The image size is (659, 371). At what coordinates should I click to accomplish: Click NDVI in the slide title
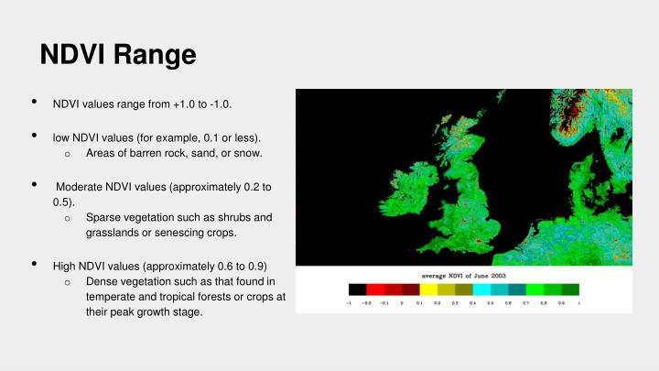[x=75, y=55]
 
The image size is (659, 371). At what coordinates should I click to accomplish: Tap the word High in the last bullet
[x=64, y=266]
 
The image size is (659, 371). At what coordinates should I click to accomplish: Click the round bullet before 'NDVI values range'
[x=34, y=103]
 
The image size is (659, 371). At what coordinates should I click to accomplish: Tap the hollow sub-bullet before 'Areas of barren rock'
[x=68, y=154]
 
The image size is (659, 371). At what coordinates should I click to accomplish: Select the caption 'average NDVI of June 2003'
[x=463, y=275]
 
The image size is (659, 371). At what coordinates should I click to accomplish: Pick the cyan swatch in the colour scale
[x=481, y=289]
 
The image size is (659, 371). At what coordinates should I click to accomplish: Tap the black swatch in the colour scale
[x=358, y=289]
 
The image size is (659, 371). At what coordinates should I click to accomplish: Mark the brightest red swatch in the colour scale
[x=375, y=289]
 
